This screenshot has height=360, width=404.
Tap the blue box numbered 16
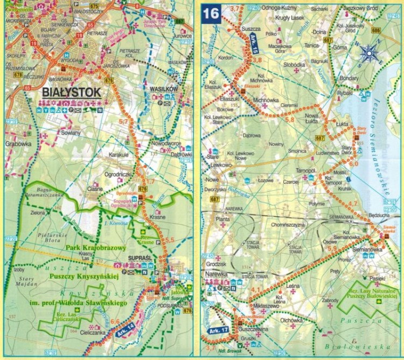click(211, 13)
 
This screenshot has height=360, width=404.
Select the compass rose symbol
click(370, 53)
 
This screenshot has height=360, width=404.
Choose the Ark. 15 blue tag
click(253, 41)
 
